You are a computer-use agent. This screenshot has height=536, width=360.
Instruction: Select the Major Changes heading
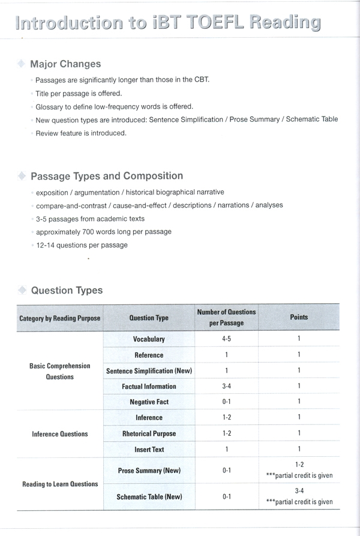65,64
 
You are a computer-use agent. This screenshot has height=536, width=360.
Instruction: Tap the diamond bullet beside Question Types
22,290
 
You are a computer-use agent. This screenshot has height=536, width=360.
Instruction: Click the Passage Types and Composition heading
107,176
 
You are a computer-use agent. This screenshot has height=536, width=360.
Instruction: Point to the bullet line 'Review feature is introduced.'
81,133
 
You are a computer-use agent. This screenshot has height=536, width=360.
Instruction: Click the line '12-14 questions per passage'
82,245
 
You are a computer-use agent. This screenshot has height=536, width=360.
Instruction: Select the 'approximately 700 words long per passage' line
103,232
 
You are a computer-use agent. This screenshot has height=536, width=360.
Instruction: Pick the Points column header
298,317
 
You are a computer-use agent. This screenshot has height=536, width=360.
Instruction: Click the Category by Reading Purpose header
60,318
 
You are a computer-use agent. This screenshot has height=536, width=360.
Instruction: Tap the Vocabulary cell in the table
149,339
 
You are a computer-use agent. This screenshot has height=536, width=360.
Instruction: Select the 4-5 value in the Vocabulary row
227,339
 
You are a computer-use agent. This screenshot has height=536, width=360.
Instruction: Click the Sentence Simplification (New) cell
149,371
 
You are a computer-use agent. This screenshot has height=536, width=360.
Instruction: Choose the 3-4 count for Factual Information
227,387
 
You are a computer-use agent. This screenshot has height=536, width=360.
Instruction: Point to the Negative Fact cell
149,402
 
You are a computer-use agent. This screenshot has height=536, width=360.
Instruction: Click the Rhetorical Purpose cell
149,433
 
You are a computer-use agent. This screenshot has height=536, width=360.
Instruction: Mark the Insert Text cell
149,449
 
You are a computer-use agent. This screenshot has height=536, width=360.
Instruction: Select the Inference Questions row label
60,433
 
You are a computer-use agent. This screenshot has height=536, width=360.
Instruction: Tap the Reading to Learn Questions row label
60,484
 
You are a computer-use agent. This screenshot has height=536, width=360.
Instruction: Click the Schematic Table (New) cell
149,497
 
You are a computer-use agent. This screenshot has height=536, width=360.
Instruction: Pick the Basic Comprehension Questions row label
60,371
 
